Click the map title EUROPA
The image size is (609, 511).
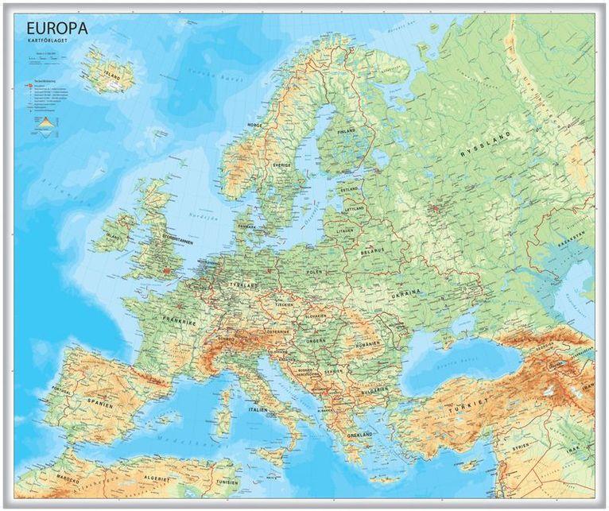[56, 29]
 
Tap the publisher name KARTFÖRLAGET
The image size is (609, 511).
[50, 43]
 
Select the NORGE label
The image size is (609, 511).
[254, 125]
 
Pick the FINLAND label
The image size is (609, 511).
[347, 131]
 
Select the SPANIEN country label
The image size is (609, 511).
[99, 405]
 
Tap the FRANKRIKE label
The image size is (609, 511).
[180, 323]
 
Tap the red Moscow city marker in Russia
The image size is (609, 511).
[435, 209]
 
